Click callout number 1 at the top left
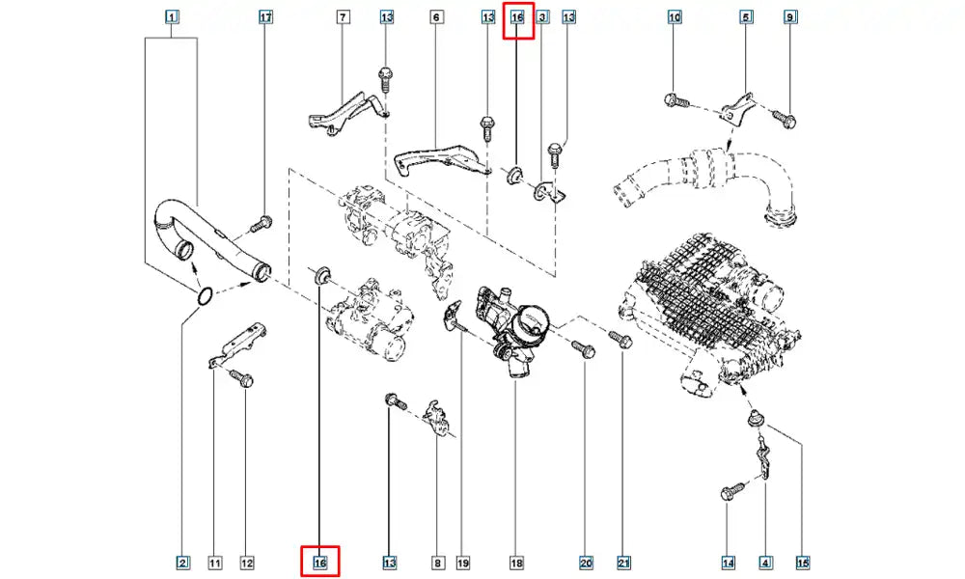171,17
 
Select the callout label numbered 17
266,17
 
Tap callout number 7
343,17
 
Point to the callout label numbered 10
675,17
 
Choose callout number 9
790,17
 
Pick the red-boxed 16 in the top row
517,17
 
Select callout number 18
516,562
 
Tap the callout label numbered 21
623,562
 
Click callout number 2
181,562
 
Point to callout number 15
802,562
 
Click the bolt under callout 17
260,224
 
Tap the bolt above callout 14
731,493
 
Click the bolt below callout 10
675,98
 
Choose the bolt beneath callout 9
786,120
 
